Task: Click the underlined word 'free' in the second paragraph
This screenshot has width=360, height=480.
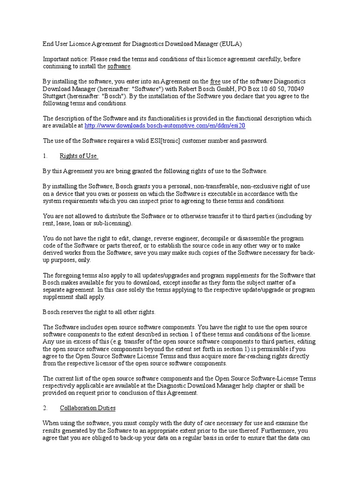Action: (x=215, y=82)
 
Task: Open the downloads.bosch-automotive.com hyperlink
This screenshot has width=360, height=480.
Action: (x=165, y=126)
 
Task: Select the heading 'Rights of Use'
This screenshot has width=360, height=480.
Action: (x=78, y=156)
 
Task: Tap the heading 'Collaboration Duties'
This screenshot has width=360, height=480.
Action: (x=88, y=408)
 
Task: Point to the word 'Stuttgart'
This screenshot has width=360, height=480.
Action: (x=56, y=96)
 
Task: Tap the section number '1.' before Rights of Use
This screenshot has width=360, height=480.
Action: (x=46, y=156)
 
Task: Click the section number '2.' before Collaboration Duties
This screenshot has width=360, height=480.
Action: (x=46, y=408)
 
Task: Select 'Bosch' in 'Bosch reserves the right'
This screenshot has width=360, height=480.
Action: (x=53, y=312)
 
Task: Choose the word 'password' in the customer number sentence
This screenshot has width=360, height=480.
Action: (x=253, y=141)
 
